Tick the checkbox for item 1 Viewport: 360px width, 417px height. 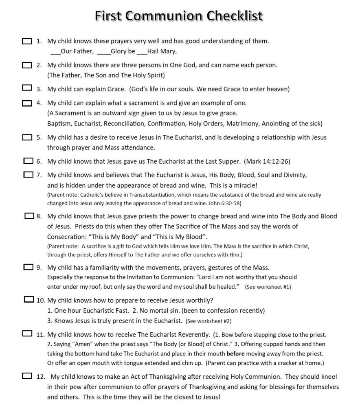[x=26, y=41]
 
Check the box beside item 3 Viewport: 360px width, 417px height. [x=26, y=88]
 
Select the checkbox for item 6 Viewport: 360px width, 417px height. [x=29, y=161]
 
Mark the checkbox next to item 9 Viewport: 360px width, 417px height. [x=29, y=267]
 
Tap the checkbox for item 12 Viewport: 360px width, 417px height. [x=28, y=376]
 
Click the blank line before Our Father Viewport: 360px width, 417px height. [x=55, y=52]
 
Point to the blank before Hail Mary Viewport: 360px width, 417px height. [x=142, y=52]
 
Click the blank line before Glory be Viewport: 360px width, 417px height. [x=104, y=52]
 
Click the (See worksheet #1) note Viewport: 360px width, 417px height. [x=268, y=287]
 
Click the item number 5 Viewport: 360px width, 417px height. [x=39, y=137]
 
